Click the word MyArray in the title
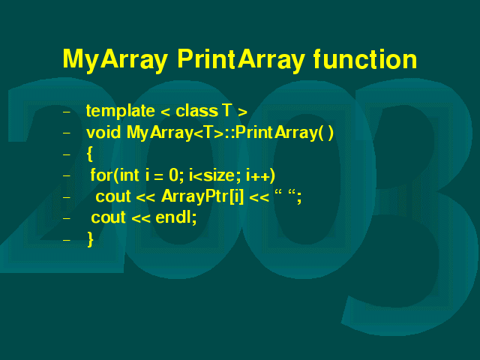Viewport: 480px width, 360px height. click(x=115, y=60)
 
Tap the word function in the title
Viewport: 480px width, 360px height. click(x=365, y=58)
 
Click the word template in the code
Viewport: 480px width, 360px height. click(x=120, y=111)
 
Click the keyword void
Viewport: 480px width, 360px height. click(x=103, y=133)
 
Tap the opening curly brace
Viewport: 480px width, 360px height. click(x=90, y=154)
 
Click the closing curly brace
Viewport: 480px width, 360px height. click(x=90, y=239)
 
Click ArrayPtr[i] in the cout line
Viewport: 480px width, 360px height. click(x=202, y=196)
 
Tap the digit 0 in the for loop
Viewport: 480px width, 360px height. click(x=173, y=175)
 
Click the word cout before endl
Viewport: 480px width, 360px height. click(x=108, y=218)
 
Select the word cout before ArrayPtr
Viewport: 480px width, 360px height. click(x=113, y=196)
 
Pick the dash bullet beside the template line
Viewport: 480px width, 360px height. click(x=67, y=112)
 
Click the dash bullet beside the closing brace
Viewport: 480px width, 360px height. click(x=67, y=240)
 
